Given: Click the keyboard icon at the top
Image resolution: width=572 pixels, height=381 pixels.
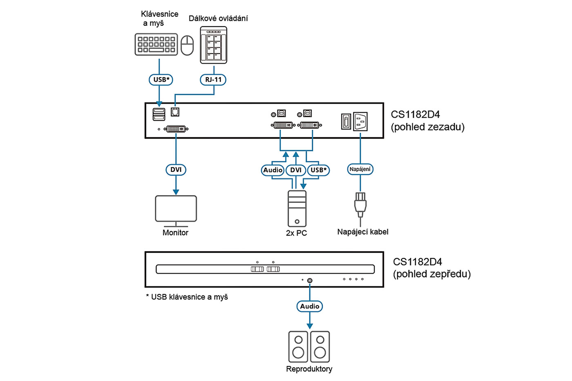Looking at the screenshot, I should [x=156, y=45].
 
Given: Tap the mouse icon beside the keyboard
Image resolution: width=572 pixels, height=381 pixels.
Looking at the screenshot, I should [x=187, y=45].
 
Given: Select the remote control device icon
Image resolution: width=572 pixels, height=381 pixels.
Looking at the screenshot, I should [x=213, y=45].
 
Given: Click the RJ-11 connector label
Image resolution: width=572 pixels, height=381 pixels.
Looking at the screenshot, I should [x=213, y=80].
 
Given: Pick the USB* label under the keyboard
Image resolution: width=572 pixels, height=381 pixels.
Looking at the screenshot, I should [x=161, y=80].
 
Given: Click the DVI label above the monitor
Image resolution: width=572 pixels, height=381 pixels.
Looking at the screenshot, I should [x=176, y=169].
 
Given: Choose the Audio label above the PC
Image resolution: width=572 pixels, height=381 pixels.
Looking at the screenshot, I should [x=273, y=170].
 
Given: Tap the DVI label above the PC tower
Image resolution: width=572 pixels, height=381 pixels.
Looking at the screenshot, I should [x=295, y=170].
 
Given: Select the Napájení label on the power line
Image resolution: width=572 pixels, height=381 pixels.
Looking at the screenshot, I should [x=360, y=169].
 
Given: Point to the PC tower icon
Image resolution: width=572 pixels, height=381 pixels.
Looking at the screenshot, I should [x=297, y=208].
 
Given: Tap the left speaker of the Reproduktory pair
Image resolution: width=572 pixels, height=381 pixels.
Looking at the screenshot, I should [x=298, y=347].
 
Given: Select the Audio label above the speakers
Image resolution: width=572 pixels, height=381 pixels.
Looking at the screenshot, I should [x=310, y=306].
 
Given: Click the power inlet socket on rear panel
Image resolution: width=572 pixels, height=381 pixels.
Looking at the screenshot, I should [x=360, y=121].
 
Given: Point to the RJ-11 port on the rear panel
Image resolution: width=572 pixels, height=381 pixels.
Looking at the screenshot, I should [x=175, y=111].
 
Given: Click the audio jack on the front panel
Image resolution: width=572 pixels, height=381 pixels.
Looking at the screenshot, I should [x=310, y=281].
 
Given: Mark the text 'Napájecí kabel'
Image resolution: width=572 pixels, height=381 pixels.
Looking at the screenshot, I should [x=363, y=232].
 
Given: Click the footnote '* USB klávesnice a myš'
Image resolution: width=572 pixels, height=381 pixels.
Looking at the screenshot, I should [x=187, y=297].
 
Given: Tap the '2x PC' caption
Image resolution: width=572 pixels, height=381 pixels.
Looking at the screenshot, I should [x=296, y=233].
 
